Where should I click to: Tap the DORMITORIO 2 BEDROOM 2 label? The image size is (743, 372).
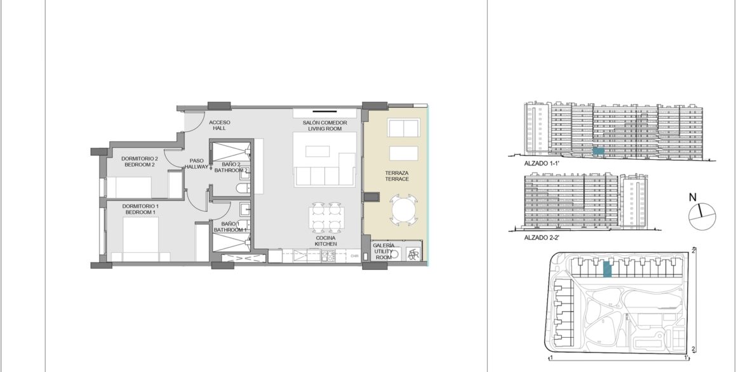(x=139, y=162)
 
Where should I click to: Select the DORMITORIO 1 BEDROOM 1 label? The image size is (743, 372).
(x=140, y=209)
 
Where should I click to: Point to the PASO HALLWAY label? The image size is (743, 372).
(x=196, y=164)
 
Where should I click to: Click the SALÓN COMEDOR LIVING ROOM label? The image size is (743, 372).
(x=325, y=126)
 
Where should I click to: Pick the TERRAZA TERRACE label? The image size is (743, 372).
(x=397, y=176)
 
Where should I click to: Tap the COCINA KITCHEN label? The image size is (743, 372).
(x=326, y=241)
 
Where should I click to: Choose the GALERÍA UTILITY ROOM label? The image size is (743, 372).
(x=384, y=251)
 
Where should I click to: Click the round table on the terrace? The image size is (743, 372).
(x=404, y=209)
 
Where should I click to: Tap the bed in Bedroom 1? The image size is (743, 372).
(x=140, y=241)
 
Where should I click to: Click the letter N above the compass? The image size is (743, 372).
(x=692, y=197)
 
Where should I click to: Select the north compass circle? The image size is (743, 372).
(x=702, y=216)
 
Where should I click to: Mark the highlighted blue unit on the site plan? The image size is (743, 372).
(x=606, y=270)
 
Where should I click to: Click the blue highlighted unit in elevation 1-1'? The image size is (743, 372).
(x=598, y=150)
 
